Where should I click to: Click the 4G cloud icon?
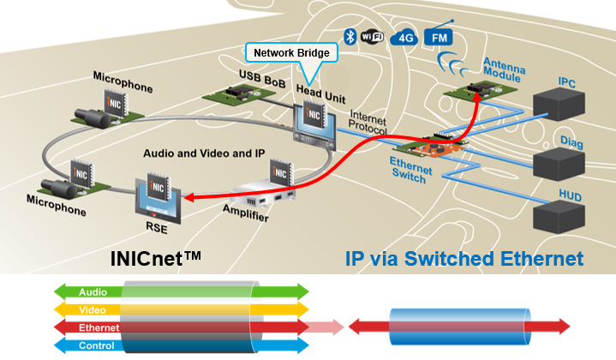click(x=402, y=37)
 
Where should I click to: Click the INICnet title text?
click(x=157, y=257)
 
